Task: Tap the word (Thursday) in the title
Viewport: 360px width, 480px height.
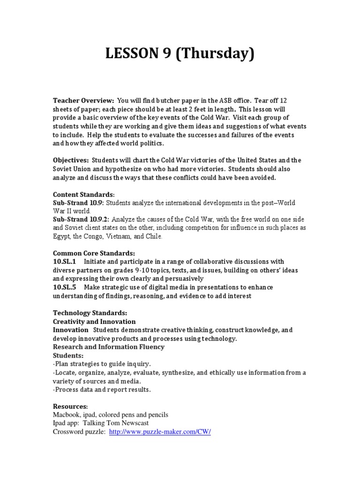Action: click(216, 54)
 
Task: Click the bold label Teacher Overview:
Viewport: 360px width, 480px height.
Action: click(83, 101)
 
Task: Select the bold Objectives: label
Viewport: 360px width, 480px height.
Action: click(71, 161)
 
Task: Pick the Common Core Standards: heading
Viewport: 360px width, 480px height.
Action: click(94, 253)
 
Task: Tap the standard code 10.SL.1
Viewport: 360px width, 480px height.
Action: click(65, 262)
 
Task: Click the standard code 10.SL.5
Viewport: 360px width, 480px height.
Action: click(65, 287)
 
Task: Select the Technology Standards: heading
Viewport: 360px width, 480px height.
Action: click(90, 313)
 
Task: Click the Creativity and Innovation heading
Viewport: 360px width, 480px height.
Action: click(94, 322)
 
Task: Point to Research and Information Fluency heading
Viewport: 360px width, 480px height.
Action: click(108, 347)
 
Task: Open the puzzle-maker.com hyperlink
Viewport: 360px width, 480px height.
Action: click(160, 432)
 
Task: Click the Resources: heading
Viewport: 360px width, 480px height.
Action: click(70, 406)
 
